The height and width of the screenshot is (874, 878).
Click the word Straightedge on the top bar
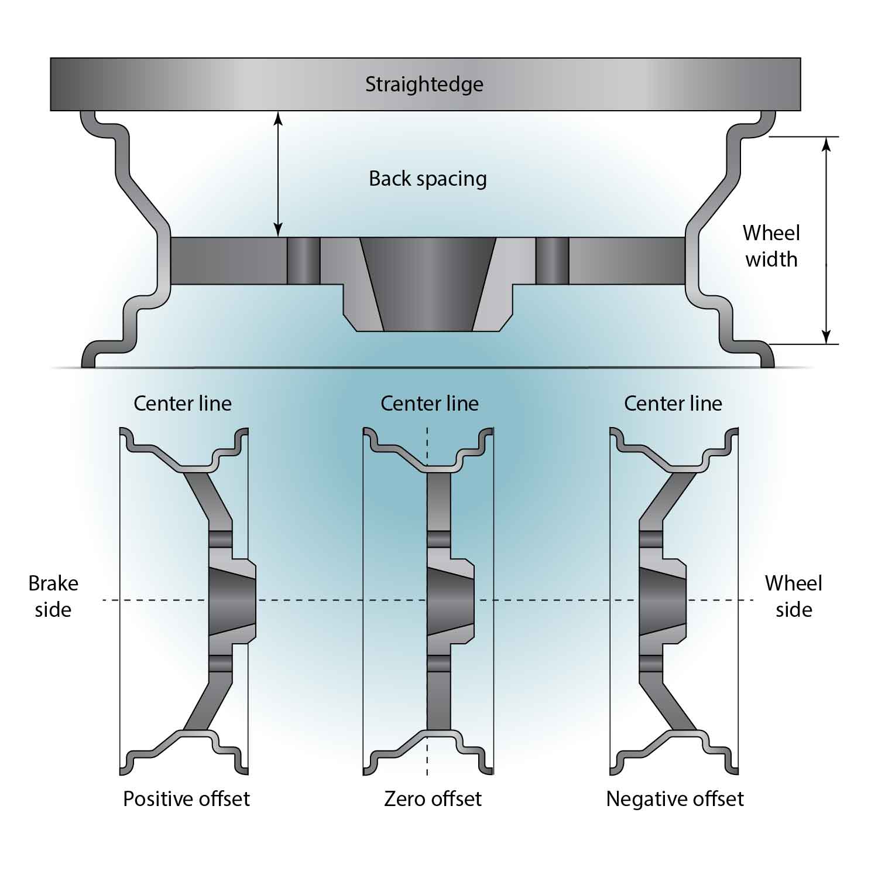(424, 84)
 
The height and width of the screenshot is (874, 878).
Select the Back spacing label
(427, 179)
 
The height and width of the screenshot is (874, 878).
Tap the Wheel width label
(771, 246)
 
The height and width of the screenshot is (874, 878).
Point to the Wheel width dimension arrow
(826, 240)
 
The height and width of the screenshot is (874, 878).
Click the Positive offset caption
(186, 799)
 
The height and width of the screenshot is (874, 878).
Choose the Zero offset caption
(433, 799)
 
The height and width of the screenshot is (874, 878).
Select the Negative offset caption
(675, 799)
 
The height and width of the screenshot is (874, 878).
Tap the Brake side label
(53, 596)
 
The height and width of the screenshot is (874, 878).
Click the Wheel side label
(793, 596)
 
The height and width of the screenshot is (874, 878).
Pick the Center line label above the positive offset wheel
(183, 404)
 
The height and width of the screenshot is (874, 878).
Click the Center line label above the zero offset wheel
(430, 404)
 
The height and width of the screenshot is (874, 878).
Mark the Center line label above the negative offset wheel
(673, 404)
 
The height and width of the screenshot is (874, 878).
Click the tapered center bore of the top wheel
(428, 284)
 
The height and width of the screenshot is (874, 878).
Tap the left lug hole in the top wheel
(303, 261)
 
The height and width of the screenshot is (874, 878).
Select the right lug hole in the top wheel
(552, 261)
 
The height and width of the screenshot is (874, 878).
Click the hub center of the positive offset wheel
(231, 600)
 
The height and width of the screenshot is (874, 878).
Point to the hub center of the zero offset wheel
(450, 600)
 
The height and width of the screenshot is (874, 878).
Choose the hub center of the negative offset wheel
(661, 600)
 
